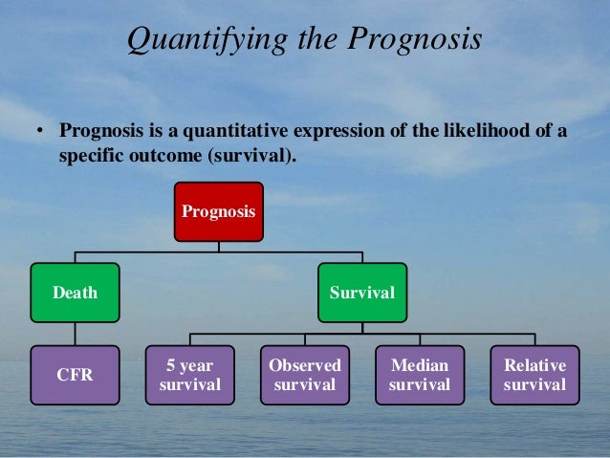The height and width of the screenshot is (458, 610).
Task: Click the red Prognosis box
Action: [218, 211]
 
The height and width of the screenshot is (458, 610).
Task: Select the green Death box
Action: [75, 293]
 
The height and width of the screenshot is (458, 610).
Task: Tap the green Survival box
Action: [361, 293]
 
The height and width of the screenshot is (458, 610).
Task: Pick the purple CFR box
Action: [75, 375]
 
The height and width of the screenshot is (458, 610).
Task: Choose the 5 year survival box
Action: [189, 375]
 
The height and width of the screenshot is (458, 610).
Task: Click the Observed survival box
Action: [304, 375]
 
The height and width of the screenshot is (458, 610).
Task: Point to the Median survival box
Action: [420, 375]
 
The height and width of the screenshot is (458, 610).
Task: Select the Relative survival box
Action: [534, 375]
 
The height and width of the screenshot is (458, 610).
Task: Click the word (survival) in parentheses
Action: [251, 154]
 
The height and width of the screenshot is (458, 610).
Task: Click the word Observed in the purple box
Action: [304, 365]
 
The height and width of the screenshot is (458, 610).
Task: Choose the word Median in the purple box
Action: [420, 365]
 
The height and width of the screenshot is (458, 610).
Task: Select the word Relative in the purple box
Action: [534, 365]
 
